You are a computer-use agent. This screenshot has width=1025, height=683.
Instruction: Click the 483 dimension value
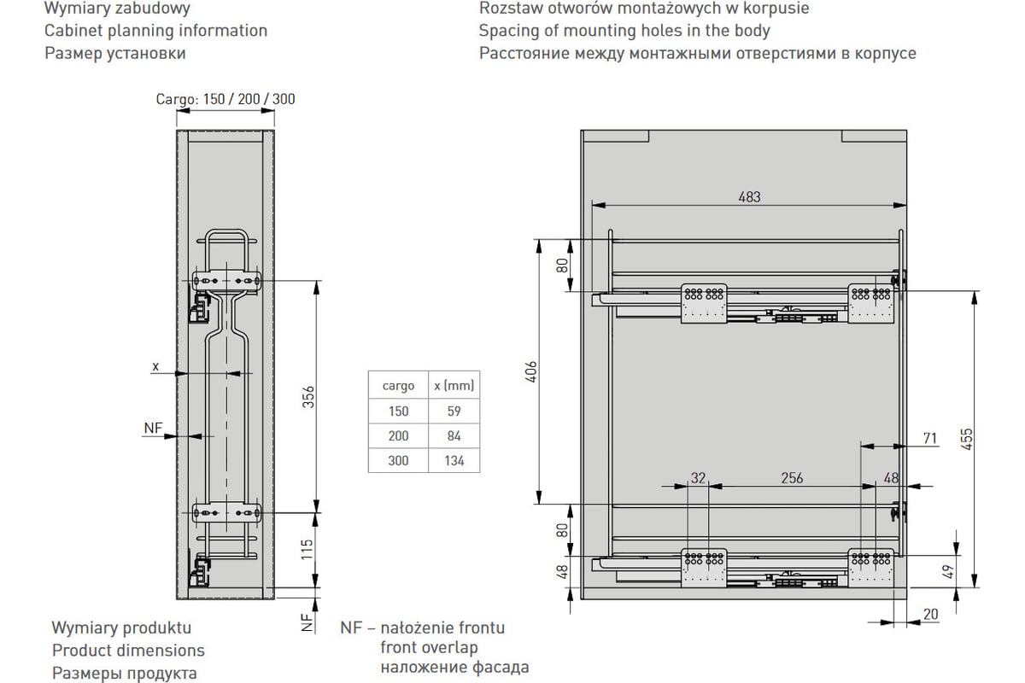[749, 196]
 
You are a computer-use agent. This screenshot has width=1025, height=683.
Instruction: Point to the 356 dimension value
[309, 397]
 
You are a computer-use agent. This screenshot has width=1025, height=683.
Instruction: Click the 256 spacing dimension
[792, 478]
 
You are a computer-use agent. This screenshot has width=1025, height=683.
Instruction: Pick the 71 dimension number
[929, 439]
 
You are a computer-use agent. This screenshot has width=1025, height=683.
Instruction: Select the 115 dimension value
[309, 549]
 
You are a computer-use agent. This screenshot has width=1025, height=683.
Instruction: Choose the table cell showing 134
[454, 461]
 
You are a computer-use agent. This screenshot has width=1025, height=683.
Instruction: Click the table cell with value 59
[454, 411]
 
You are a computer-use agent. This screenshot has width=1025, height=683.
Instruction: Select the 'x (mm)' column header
[454, 386]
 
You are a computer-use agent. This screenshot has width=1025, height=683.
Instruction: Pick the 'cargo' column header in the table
[398, 386]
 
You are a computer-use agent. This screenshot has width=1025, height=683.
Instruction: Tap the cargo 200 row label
[398, 435]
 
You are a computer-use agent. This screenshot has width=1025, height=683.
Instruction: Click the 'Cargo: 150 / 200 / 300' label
[225, 99]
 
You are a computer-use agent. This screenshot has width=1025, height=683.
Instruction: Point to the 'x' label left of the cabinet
[155, 366]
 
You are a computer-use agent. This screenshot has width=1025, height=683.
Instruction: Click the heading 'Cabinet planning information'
[155, 31]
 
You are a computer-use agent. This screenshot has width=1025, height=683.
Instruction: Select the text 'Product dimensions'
[128, 651]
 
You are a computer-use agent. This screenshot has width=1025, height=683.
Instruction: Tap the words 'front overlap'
[430, 647]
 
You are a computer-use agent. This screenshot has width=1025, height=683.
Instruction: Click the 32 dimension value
[699, 478]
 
